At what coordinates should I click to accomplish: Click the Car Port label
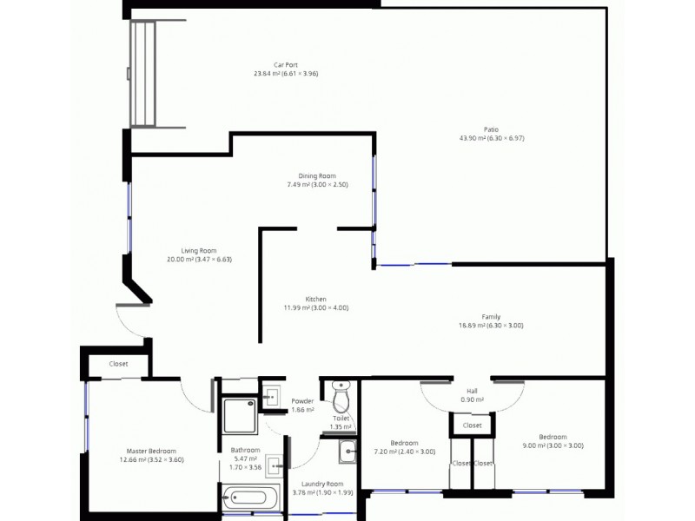pos(285,69)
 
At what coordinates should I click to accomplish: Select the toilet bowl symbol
pos(341,400)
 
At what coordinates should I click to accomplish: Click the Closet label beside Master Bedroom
pos(118,365)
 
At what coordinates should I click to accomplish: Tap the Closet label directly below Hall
pos(472,426)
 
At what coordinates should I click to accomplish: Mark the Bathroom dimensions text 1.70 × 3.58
pos(245,466)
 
